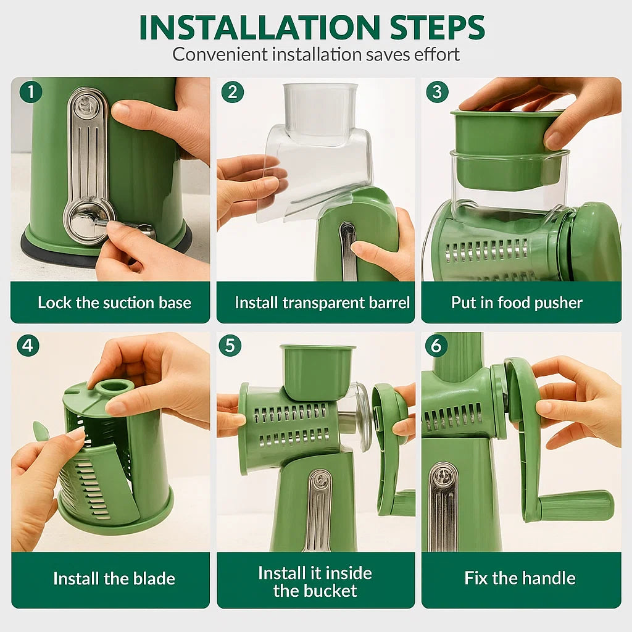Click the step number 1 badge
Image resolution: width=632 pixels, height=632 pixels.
pos(30,93)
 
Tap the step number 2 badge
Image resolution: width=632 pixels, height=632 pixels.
pos(232,93)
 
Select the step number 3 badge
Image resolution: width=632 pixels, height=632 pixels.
pos(437,93)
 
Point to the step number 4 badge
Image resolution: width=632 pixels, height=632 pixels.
pos(28,346)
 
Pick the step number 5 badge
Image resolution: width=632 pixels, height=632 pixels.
pos(230,346)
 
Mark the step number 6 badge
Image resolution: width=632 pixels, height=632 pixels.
pos(436,346)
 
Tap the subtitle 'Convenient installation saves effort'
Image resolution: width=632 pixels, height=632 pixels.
pos(316,54)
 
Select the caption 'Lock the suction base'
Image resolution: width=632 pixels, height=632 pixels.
pos(114,303)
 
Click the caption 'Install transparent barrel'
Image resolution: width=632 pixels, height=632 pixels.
pos(322,303)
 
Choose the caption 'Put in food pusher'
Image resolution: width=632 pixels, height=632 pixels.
pos(517,303)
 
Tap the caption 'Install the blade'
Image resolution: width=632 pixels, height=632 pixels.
pos(114,579)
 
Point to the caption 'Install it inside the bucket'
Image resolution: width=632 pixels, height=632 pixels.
pos(315,581)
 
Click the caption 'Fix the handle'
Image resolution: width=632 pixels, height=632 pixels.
pos(520,578)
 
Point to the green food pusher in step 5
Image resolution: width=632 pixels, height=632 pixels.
pos(317,370)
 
